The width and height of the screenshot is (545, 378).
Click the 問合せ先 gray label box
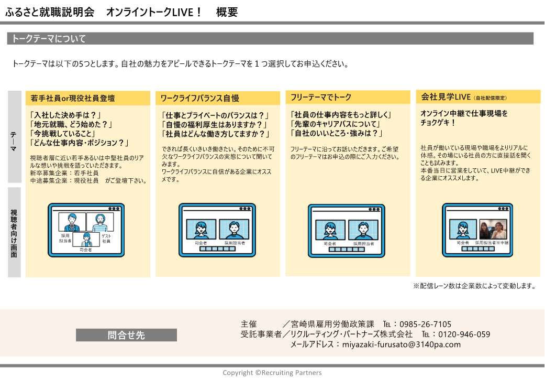pyautogui.click(x=126, y=335)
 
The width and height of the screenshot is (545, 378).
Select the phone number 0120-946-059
pyautogui.click(x=464, y=334)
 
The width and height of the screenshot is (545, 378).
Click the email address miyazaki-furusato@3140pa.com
pyautogui.click(x=402, y=344)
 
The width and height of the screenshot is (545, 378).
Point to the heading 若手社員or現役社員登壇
pyautogui.click(x=73, y=98)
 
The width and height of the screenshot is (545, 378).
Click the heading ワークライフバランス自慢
pyautogui.click(x=199, y=99)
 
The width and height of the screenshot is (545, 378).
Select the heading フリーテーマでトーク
pyautogui.click(x=321, y=98)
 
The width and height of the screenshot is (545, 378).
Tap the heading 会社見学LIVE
pyautogui.click(x=446, y=97)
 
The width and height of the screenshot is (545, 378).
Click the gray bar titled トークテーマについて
pyautogui.click(x=270, y=38)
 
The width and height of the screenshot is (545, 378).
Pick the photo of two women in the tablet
pyautogui.click(x=493, y=230)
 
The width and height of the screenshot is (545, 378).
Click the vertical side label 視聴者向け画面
pyautogui.click(x=14, y=233)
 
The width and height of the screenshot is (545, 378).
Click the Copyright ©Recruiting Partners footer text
pyautogui.click(x=272, y=372)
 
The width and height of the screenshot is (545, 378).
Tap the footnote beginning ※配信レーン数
pyautogui.click(x=474, y=286)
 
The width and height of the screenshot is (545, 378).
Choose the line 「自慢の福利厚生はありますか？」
pyautogui.click(x=215, y=125)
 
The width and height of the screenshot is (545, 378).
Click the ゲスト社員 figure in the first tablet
pyautogui.click(x=100, y=222)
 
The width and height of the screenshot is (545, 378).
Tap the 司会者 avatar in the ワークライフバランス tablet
pyautogui.click(x=201, y=230)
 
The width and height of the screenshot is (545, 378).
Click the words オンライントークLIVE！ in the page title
pyautogui.click(x=153, y=12)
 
